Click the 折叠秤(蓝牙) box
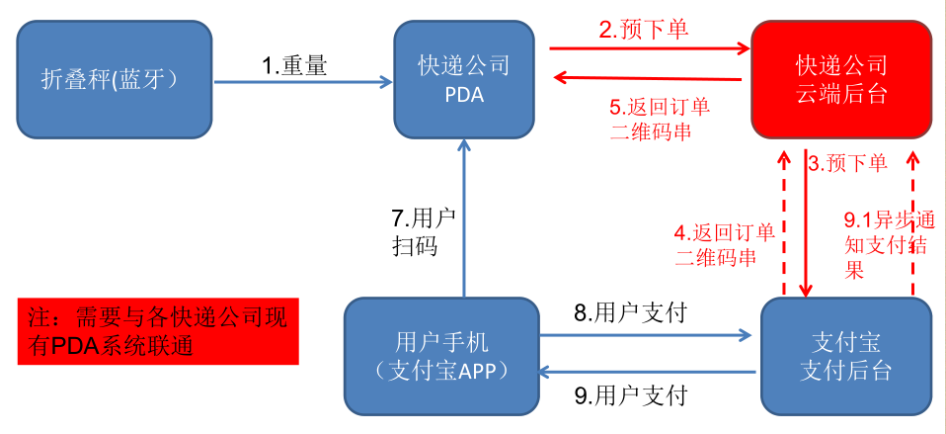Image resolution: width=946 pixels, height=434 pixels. (x=115, y=80)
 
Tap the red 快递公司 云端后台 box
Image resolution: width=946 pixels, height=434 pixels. (x=841, y=80)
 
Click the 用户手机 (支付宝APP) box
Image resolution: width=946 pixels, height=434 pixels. (x=441, y=356)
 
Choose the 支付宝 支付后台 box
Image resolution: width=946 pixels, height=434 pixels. (x=845, y=356)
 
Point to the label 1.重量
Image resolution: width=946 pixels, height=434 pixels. (x=294, y=65)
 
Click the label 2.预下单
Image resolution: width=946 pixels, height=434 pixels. (x=643, y=29)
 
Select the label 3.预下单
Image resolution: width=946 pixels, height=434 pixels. (x=847, y=163)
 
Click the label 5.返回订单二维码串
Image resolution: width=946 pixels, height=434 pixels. (x=659, y=118)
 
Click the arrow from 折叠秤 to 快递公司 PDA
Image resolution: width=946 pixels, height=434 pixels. (x=302, y=83)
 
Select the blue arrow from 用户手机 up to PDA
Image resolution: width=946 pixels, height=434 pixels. (x=463, y=217)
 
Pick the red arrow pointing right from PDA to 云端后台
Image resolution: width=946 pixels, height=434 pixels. (x=648, y=46)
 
